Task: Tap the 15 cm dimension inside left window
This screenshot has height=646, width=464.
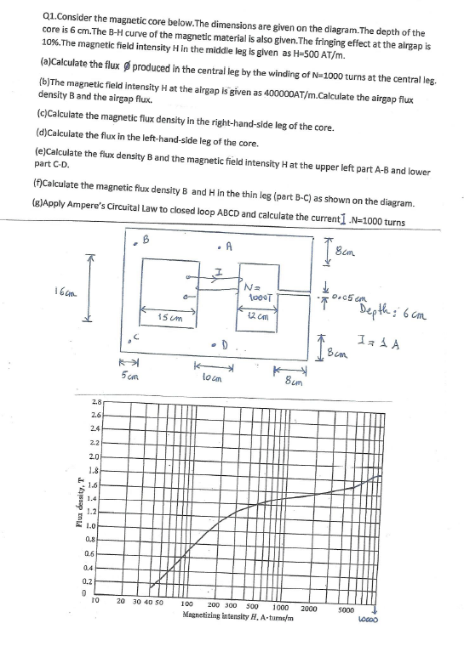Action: coord(169,316)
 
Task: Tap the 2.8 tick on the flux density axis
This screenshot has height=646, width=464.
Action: coord(95,399)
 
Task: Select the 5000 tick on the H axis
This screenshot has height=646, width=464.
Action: coord(346,609)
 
